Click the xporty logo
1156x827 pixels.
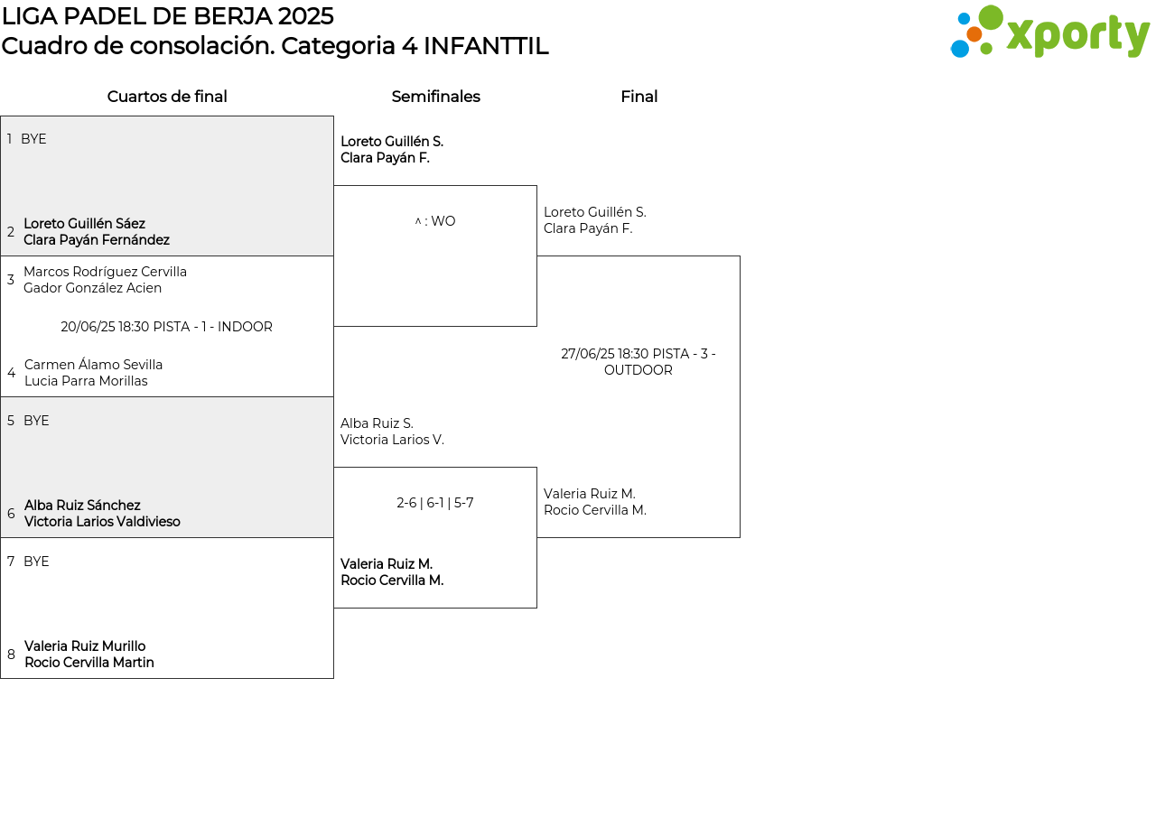[1049, 32]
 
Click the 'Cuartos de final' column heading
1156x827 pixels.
[167, 97]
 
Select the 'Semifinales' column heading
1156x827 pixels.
[435, 97]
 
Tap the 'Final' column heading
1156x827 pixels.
[639, 97]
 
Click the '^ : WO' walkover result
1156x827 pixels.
[435, 221]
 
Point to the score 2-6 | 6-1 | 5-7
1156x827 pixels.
[435, 503]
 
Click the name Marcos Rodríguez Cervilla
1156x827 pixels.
[106, 272]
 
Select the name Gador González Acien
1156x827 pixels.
[92, 288]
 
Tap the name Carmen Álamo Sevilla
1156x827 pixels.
[93, 364]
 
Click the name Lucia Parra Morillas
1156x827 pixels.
[86, 381]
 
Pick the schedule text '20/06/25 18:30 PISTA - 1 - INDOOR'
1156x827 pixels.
[166, 327]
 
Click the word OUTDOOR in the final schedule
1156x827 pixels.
[639, 370]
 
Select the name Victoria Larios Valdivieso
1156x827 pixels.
[102, 522]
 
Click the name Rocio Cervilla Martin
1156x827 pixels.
[89, 663]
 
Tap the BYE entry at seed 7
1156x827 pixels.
[36, 562]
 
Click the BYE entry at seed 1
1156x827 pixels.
[33, 139]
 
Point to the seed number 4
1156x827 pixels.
[12, 373]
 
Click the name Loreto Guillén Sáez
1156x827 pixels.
[84, 223]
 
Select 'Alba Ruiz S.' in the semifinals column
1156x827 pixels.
[377, 423]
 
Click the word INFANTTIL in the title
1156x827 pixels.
[486, 46]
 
